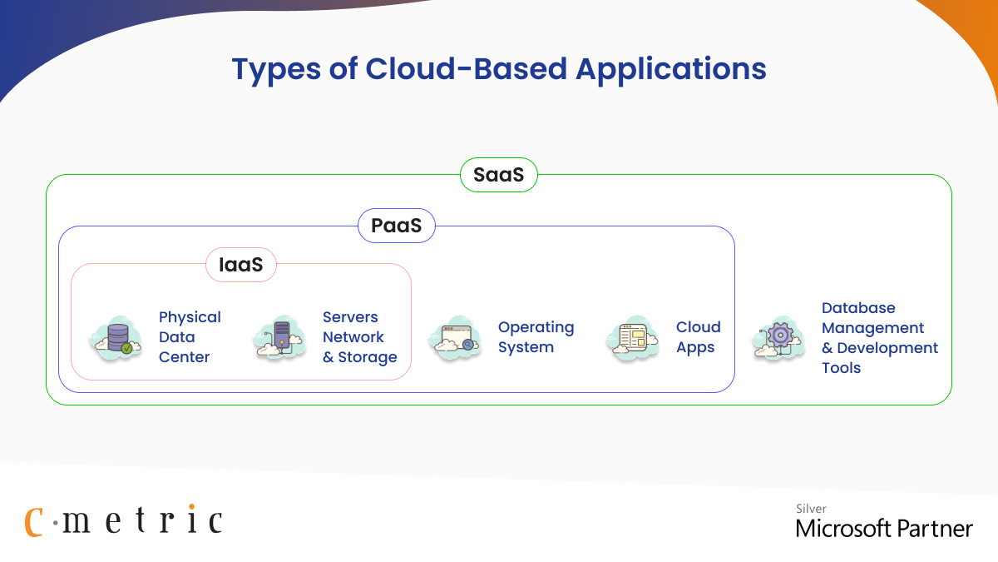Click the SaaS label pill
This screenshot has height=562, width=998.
pyautogui.click(x=499, y=175)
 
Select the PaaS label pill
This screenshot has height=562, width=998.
pyautogui.click(x=397, y=226)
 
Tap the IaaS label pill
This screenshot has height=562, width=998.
pyautogui.click(x=240, y=265)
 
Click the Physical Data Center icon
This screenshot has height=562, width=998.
pyautogui.click(x=114, y=337)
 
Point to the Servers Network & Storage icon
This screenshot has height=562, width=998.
pyautogui.click(x=279, y=338)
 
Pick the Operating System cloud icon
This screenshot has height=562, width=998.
pyautogui.click(x=456, y=338)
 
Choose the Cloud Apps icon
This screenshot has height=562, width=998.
pyautogui.click(x=633, y=338)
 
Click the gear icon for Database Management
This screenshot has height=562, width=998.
pyautogui.click(x=778, y=337)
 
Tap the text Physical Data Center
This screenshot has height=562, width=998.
pyautogui.click(x=190, y=337)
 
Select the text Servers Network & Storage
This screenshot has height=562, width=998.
pyautogui.click(x=359, y=337)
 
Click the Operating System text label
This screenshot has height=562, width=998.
pyautogui.click(x=536, y=337)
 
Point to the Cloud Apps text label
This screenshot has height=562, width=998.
pyautogui.click(x=698, y=337)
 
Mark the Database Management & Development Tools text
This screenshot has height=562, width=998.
pyautogui.click(x=879, y=337)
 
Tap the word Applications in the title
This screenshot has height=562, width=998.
pyautogui.click(x=671, y=69)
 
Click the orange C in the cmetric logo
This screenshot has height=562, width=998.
pyautogui.click(x=33, y=520)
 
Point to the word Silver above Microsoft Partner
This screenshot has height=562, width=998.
pyautogui.click(x=811, y=509)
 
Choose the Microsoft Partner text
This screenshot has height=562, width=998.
pyautogui.click(x=883, y=528)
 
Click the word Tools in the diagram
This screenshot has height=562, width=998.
pyautogui.click(x=841, y=368)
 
